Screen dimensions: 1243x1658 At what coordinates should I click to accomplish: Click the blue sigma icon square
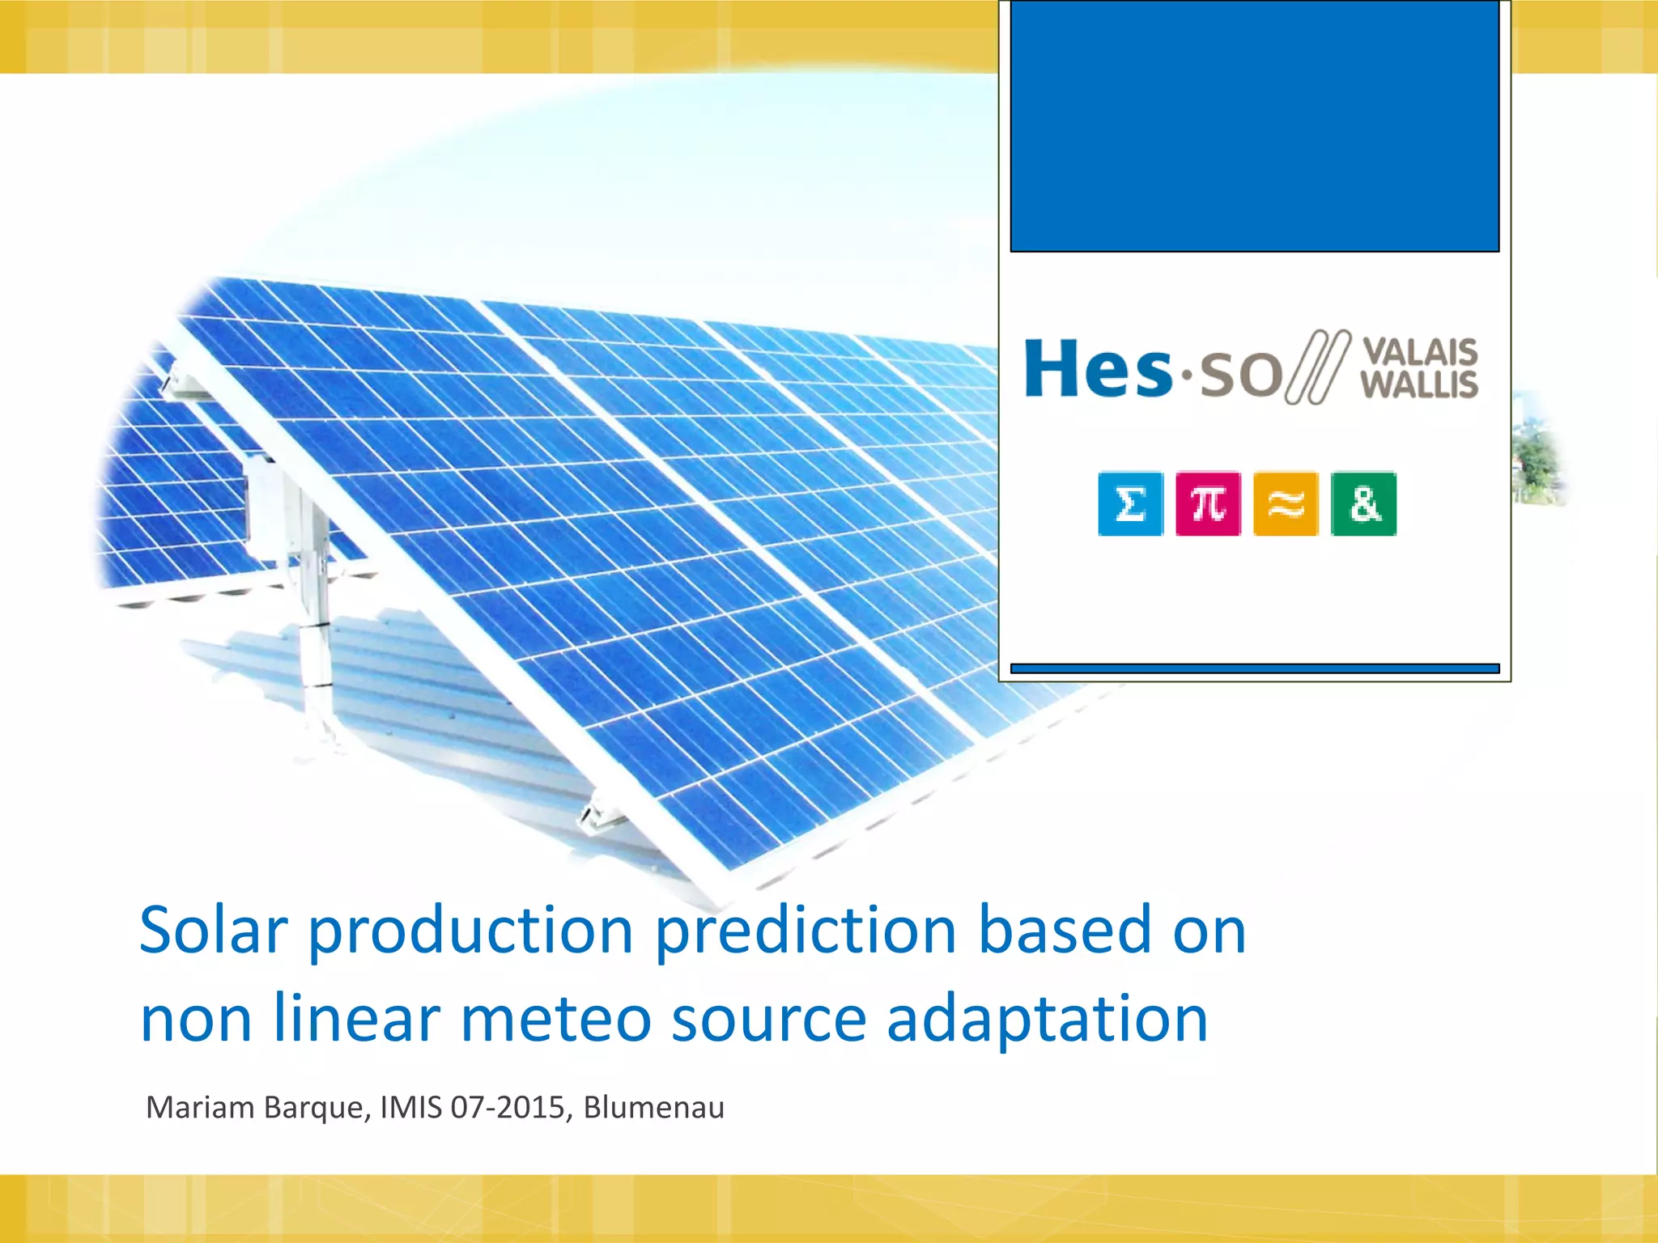point(1130,504)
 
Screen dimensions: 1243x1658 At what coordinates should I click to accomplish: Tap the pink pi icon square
point(1208,504)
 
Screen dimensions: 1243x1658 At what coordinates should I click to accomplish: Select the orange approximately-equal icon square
point(1286,504)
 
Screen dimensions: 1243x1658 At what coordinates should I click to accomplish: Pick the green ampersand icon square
point(1364,504)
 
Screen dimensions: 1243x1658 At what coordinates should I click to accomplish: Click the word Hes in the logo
point(1097,369)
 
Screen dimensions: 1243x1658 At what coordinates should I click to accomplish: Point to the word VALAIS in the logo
point(1420,352)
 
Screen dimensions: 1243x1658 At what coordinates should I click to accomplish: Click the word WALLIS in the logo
point(1419,385)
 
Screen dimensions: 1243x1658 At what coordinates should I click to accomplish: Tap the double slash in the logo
point(1318,367)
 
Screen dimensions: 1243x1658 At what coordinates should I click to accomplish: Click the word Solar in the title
point(214,931)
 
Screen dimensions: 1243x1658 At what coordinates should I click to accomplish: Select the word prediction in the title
point(806,931)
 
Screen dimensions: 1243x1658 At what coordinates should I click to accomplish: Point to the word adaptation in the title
point(1047,1018)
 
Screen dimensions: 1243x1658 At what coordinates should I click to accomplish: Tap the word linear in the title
point(356,1018)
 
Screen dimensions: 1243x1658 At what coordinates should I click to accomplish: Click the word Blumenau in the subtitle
point(653,1107)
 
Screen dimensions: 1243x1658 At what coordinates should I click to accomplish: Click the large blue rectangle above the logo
point(1255,125)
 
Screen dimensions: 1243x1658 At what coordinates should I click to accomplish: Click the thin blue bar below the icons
point(1255,668)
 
